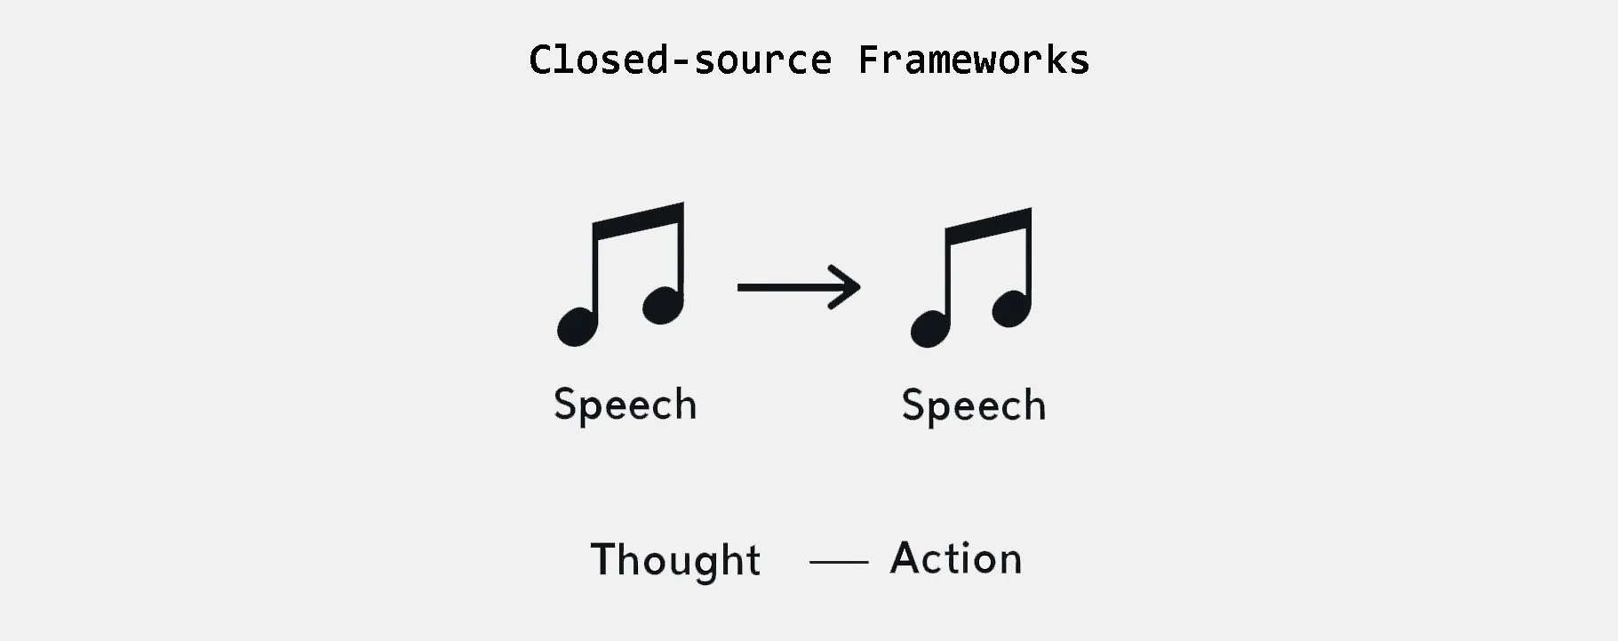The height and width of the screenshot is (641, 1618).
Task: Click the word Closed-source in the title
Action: point(681,60)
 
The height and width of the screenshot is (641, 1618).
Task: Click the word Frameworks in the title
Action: point(974,60)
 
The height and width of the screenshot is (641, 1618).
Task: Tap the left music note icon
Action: point(620,274)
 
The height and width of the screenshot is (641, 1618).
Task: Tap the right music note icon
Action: point(971,277)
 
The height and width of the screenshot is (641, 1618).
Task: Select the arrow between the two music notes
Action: point(799,286)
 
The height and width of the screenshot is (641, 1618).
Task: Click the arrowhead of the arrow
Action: point(846,286)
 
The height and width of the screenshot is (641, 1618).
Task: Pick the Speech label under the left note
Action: point(626,405)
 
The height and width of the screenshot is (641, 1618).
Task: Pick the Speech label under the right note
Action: point(974,406)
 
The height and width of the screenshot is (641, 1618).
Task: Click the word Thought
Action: point(675,559)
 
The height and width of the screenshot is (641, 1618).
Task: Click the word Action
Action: point(956,558)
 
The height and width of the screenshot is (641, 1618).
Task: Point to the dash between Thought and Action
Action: point(839,562)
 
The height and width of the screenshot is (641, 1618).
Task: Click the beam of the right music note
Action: point(988,226)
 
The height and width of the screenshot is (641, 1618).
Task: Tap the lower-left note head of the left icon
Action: point(578,325)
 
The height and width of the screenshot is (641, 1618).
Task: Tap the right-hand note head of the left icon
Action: point(663,305)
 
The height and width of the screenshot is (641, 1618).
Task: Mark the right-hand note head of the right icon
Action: point(1012,308)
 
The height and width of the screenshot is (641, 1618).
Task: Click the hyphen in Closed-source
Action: point(681,62)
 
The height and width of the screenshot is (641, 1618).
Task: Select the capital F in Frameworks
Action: point(870,60)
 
